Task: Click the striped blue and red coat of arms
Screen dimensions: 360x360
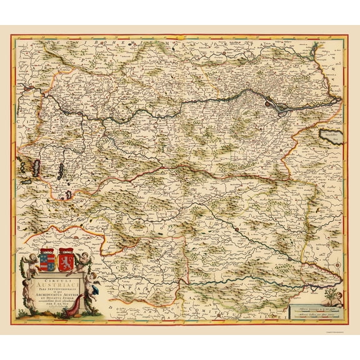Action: (46, 261)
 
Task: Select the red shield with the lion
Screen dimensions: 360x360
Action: (66, 261)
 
